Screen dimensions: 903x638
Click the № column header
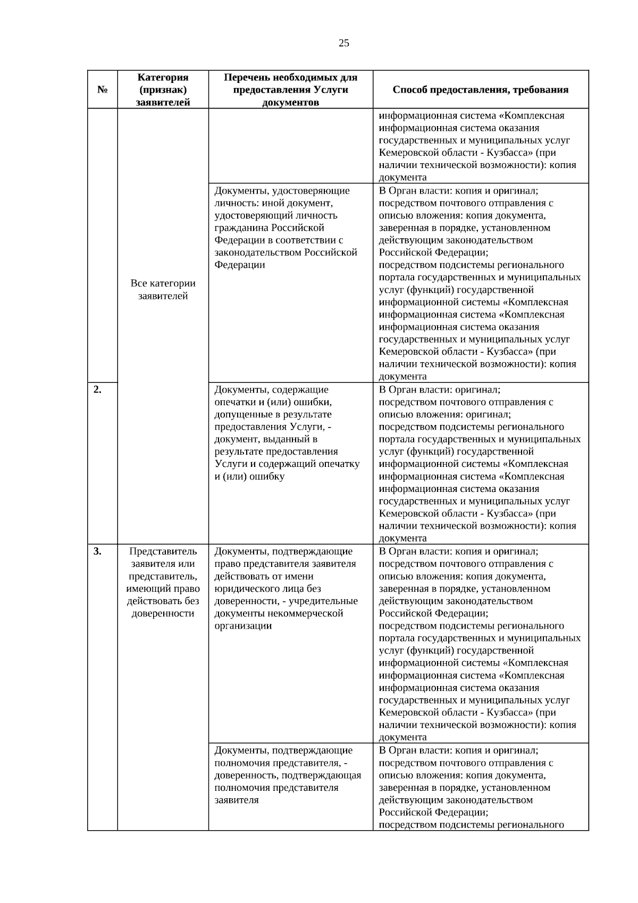(102, 90)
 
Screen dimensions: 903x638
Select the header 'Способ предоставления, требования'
(480, 90)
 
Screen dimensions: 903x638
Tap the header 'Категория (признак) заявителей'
(163, 90)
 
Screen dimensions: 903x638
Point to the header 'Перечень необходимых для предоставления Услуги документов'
(290, 90)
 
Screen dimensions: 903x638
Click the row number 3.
(97, 551)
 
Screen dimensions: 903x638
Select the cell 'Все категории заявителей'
(163, 290)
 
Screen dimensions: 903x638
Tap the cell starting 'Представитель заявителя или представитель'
(163, 582)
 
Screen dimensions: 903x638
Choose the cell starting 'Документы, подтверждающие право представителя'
(286, 588)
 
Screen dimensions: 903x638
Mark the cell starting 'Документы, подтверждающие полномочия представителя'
(287, 775)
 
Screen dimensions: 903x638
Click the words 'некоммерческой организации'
(279, 620)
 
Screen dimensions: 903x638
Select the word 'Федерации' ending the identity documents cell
(239, 265)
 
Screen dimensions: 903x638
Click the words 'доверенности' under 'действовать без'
(163, 614)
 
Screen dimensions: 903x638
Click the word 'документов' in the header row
(290, 103)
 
